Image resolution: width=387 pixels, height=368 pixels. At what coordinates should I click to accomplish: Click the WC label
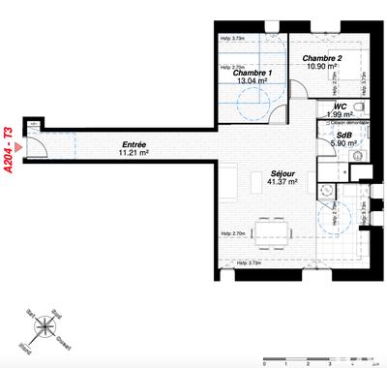click(x=341, y=107)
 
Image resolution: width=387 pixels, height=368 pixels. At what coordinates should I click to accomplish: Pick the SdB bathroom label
click(x=342, y=135)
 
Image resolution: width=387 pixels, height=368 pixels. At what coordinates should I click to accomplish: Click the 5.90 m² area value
click(x=342, y=143)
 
